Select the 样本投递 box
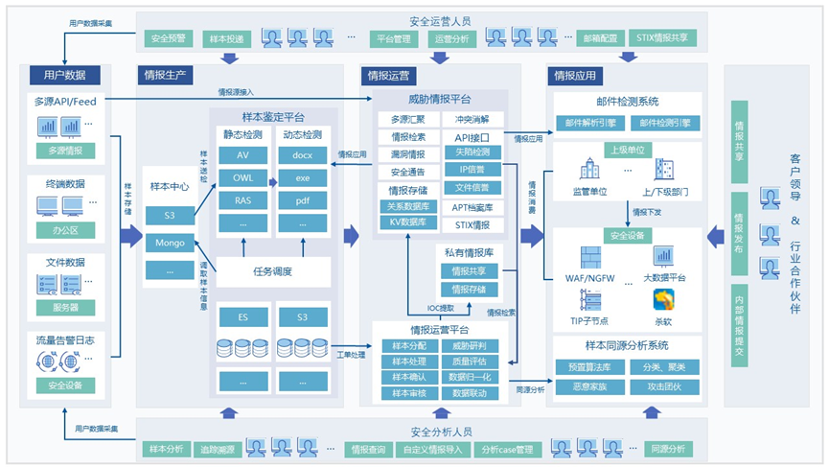pos(225,39)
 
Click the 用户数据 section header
pos(65,75)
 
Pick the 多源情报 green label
pos(65,151)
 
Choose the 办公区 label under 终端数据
pos(65,229)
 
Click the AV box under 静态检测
pos(242,154)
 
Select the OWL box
pos(242,177)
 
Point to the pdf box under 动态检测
pos(302,200)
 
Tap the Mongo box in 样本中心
pos(171,244)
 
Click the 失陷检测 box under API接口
pos(472,152)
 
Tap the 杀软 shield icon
pos(663,300)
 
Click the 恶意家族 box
pos(589,385)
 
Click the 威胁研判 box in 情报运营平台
pos(470,345)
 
